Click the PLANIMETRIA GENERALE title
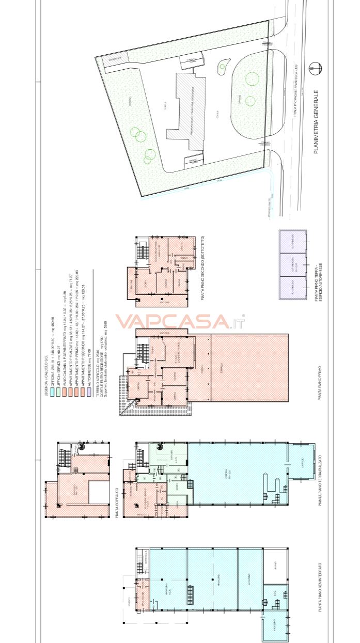316,122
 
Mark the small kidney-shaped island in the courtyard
222,66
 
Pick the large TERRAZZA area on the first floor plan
249,368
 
